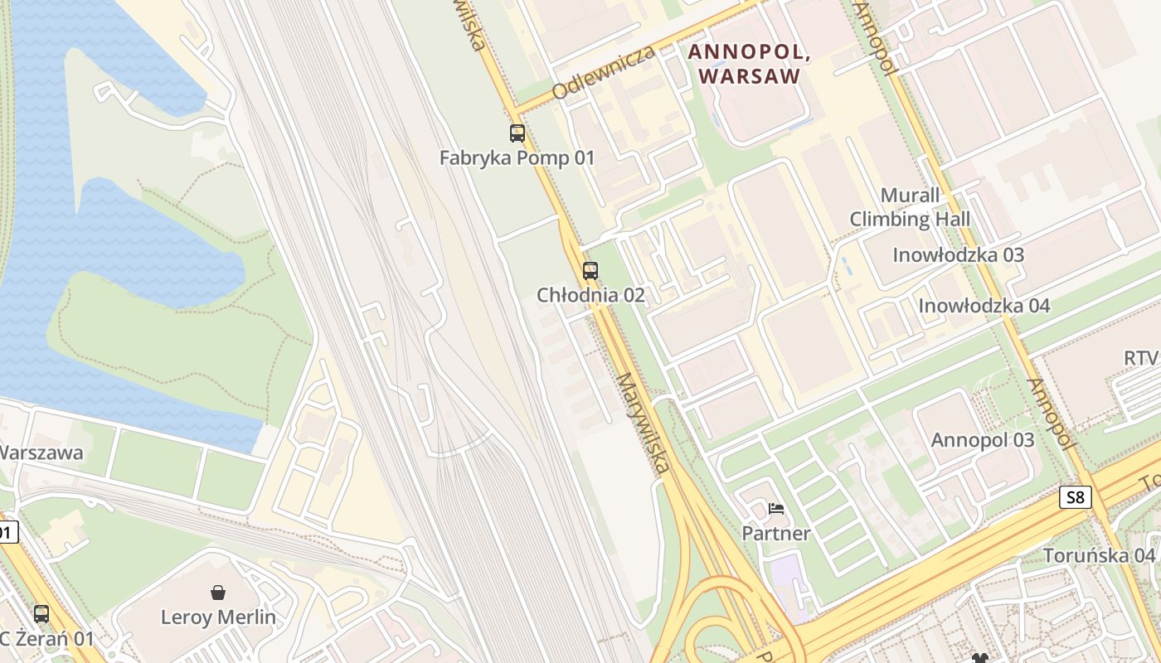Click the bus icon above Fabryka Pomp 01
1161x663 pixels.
tap(517, 133)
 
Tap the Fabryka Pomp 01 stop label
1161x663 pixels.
tap(517, 157)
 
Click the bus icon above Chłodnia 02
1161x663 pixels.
tap(590, 270)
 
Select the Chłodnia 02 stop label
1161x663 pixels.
tap(590, 295)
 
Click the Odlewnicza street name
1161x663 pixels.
tap(603, 72)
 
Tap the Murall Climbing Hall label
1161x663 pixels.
tap(910, 207)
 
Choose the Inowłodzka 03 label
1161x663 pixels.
tap(958, 255)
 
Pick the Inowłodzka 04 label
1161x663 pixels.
tap(984, 306)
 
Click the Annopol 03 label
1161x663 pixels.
tap(983, 440)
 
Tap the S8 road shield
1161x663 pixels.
tap(1075, 497)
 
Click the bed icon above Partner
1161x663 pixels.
tap(776, 508)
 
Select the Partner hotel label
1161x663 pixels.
tap(775, 534)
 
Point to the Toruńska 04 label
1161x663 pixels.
tap(1099, 555)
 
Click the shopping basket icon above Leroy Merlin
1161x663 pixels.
tap(218, 593)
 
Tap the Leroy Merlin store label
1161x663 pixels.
tap(218, 617)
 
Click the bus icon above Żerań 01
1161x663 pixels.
tap(41, 614)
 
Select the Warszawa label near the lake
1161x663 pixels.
tap(41, 453)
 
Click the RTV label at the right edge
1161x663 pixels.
tap(1141, 358)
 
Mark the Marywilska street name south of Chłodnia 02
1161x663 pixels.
tap(643, 423)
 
